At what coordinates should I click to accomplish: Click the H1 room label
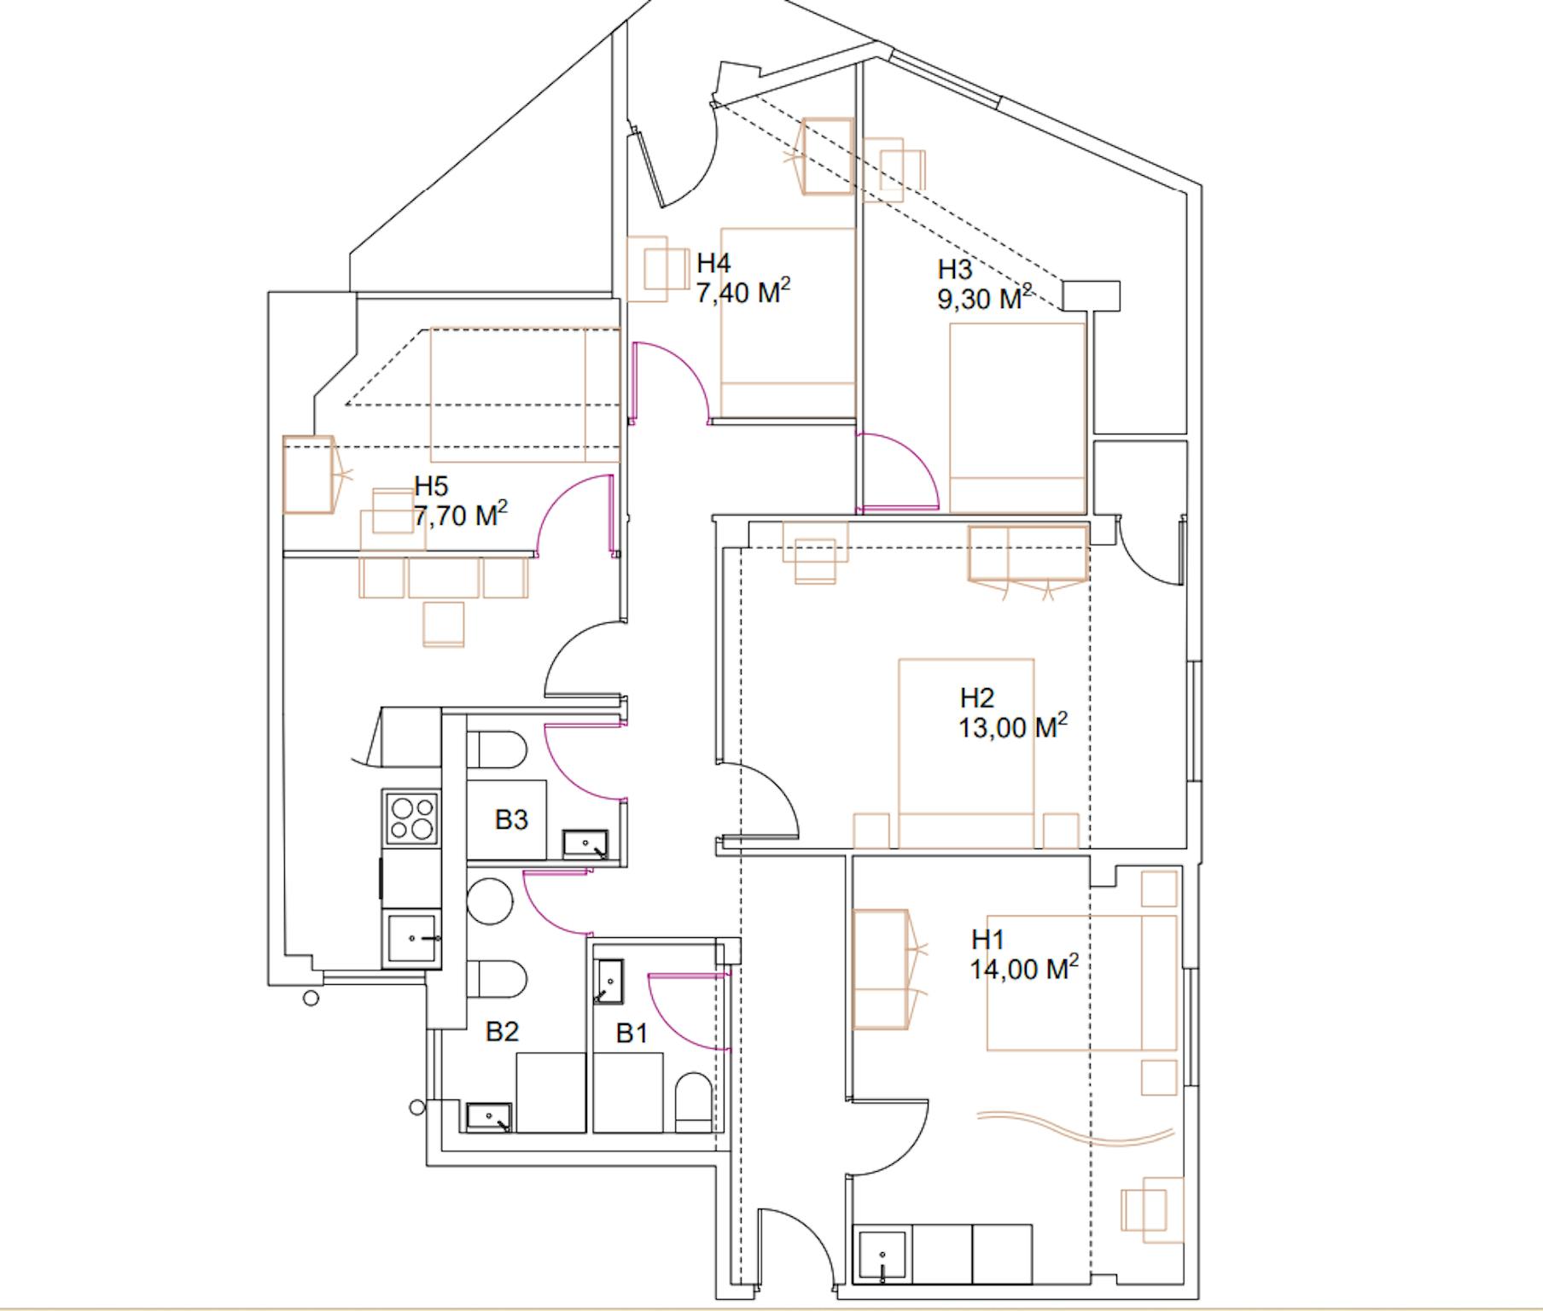[x=987, y=940]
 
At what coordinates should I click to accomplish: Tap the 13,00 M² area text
[x=1013, y=727]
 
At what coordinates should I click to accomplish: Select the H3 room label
[x=955, y=270]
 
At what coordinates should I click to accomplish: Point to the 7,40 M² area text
[x=742, y=293]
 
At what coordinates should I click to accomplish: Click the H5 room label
[x=431, y=487]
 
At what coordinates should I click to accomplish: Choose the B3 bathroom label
[x=511, y=819]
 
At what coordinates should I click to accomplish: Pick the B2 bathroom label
[x=502, y=1031]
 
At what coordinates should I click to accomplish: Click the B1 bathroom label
[x=632, y=1034]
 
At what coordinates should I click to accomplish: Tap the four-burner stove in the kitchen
[x=412, y=817]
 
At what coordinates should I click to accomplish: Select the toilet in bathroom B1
[x=692, y=1102]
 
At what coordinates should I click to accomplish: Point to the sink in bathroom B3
[x=585, y=844]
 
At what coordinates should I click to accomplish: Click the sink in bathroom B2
[x=489, y=1116]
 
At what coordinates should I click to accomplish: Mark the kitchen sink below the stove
[x=412, y=939]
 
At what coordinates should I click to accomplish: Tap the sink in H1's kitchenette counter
[x=882, y=1256]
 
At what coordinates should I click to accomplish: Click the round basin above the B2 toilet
[x=490, y=901]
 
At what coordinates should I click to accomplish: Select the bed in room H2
[x=966, y=752]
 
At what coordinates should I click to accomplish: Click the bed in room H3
[x=1017, y=417]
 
